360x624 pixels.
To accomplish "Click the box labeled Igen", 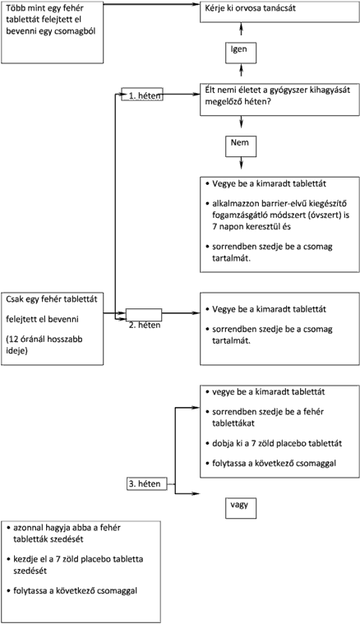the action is (241, 53).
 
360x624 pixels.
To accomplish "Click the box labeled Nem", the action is (241, 146).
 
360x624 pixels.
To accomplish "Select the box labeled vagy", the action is (241, 508).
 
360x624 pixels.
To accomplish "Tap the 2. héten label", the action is (145, 325).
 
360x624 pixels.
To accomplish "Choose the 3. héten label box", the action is (147, 484).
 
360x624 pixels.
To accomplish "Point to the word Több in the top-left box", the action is (14, 8).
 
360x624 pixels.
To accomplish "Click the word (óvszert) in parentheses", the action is (312, 215).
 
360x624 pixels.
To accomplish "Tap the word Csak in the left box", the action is (14, 299).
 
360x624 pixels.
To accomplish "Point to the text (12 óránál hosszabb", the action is (44, 340).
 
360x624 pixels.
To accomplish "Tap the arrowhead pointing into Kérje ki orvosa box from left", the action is (196, 4).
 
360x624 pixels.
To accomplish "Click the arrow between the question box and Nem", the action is (241, 122).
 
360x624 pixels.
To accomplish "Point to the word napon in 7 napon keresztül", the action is (229, 227).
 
